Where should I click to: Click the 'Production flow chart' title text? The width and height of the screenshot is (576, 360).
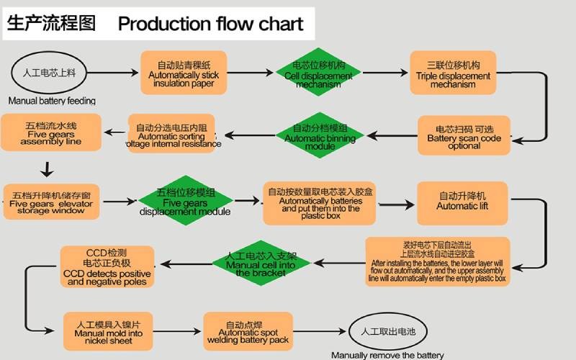(210, 24)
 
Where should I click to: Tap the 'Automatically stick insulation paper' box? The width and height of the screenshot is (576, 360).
(183, 73)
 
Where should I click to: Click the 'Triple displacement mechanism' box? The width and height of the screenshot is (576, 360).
(454, 73)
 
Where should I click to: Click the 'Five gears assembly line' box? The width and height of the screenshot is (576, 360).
(50, 133)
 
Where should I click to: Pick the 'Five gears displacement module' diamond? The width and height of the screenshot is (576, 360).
(185, 201)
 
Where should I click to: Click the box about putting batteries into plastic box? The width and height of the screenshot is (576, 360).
(320, 202)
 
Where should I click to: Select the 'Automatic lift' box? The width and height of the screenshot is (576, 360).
(462, 202)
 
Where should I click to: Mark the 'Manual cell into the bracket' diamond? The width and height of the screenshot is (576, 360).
(260, 264)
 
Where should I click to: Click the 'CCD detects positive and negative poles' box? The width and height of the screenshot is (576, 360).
(107, 266)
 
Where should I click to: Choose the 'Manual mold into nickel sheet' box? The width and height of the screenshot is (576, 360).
(108, 331)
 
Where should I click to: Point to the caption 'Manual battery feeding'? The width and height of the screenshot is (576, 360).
(52, 101)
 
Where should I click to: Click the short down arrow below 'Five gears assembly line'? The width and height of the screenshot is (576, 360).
(47, 170)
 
